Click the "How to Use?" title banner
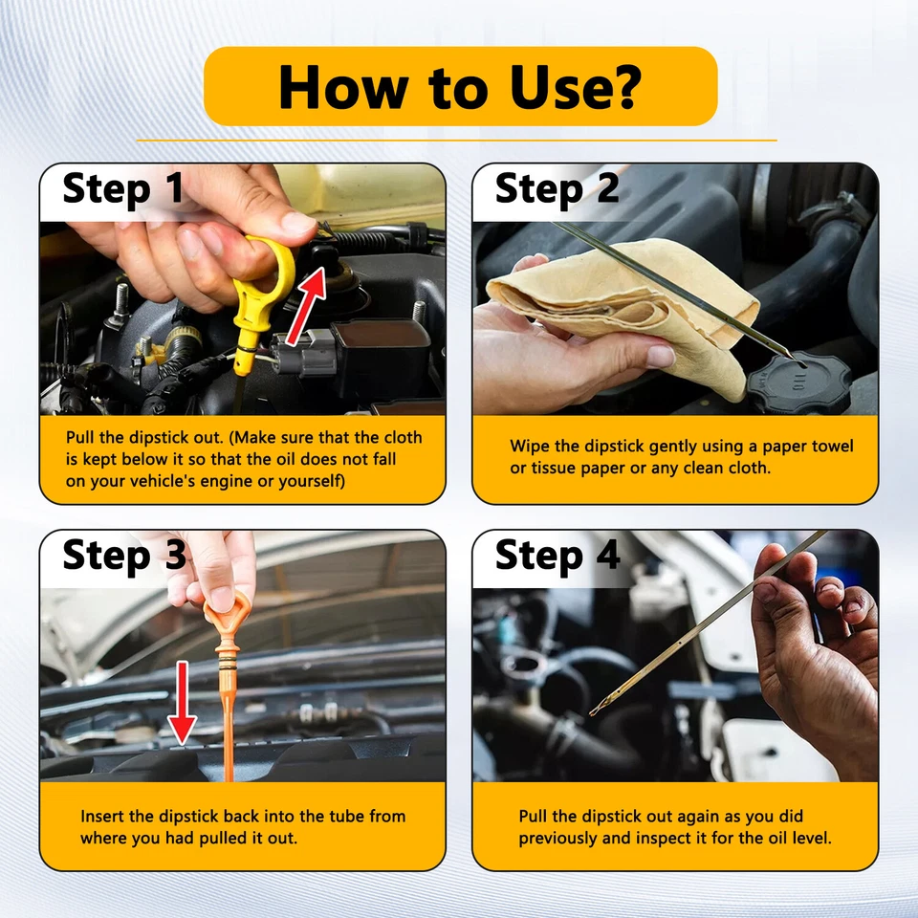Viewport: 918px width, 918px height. (460, 86)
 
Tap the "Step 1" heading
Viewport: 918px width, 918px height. (123, 189)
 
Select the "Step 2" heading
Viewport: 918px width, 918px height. (557, 189)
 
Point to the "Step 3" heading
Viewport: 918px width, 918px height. (124, 556)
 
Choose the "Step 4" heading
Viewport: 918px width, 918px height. (557, 556)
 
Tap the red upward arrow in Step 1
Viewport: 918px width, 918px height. (307, 305)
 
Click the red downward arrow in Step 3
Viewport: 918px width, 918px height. (182, 703)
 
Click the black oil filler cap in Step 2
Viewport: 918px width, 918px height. (799, 383)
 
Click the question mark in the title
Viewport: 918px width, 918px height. (626, 87)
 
